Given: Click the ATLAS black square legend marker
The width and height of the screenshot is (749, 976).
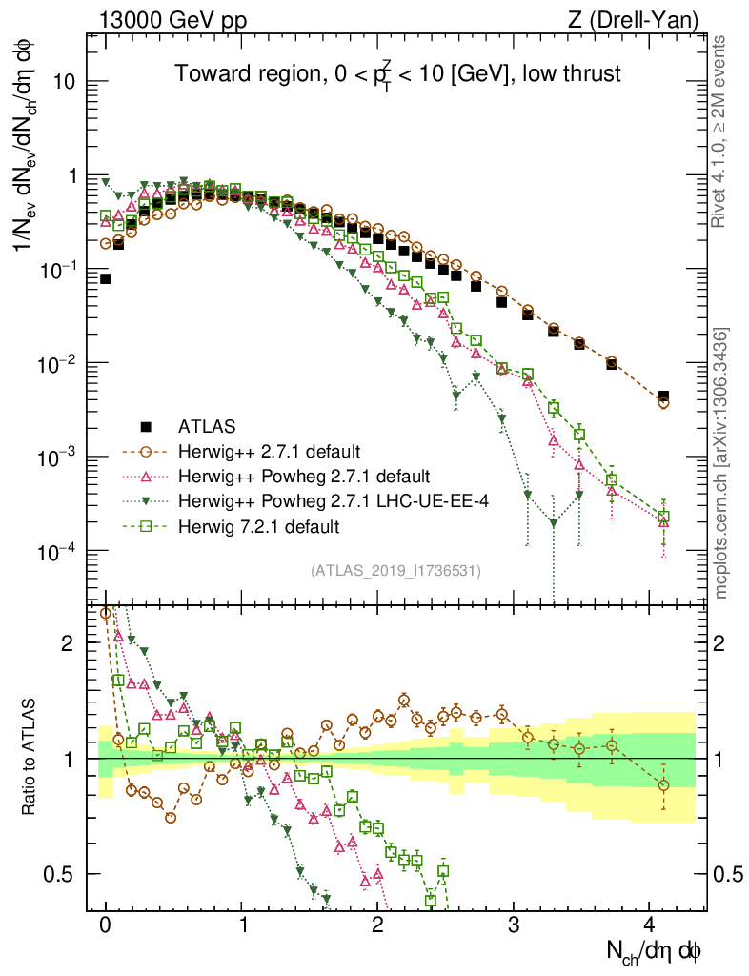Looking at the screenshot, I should tap(146, 425).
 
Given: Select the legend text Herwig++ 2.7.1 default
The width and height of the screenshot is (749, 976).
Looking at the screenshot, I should tap(262, 451).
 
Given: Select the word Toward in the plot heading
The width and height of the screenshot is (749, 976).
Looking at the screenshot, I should tap(208, 73).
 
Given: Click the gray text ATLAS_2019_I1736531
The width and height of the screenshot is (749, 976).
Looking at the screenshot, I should tap(395, 570).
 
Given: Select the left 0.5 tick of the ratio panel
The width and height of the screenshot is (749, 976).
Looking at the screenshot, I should tap(61, 874).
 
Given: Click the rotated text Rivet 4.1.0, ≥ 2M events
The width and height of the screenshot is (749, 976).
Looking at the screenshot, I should tap(721, 132).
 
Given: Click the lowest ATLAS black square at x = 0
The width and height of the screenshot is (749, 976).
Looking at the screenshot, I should tap(105, 279).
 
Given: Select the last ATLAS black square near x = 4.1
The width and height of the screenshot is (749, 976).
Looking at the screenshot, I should tap(663, 396).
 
